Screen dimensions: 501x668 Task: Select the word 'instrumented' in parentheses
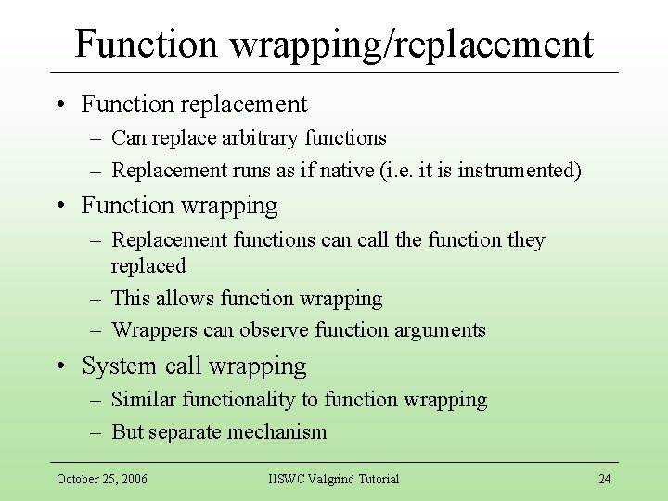(x=520, y=170)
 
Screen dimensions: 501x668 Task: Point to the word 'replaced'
(x=148, y=266)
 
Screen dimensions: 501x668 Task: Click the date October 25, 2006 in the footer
(x=102, y=479)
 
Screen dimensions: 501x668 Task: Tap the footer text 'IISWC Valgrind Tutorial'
(x=334, y=479)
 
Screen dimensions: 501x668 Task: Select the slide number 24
(x=604, y=479)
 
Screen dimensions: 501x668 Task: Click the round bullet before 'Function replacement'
(x=59, y=105)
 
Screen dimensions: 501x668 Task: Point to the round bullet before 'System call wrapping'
(x=59, y=366)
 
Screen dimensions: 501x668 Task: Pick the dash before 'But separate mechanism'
(x=96, y=431)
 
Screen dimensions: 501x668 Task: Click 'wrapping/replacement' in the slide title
(x=413, y=44)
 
